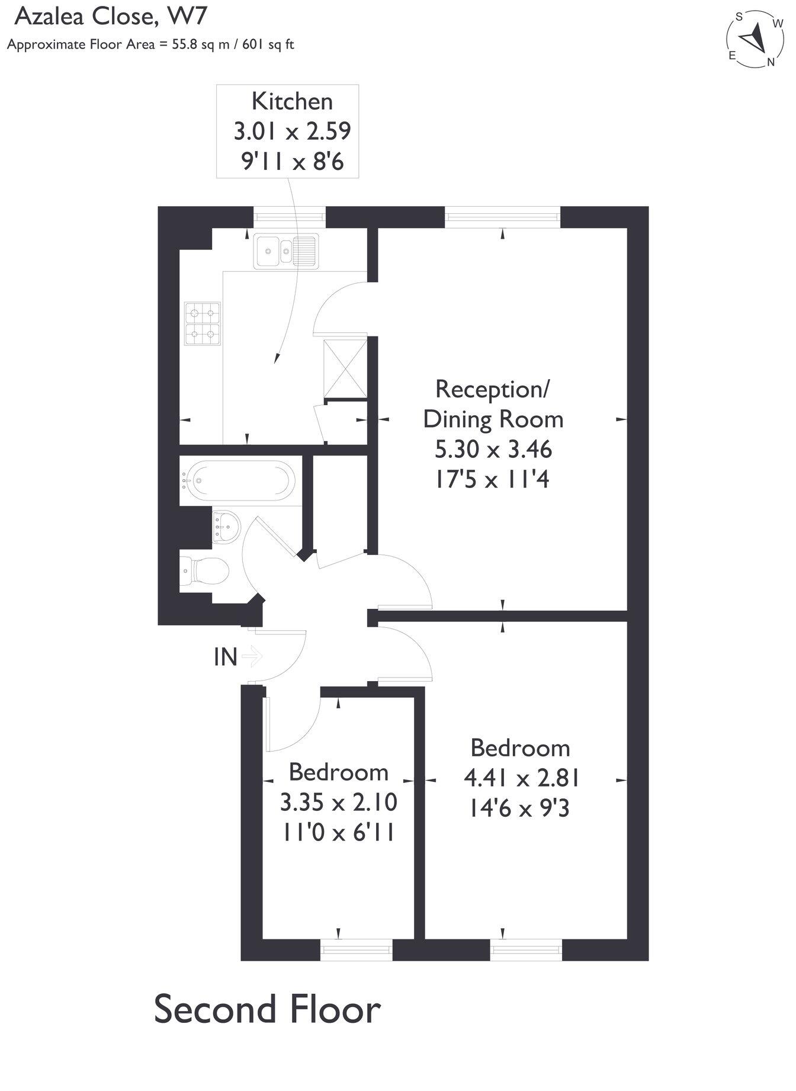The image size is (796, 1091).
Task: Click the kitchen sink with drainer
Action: [286, 251]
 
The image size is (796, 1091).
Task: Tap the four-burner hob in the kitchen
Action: [203, 323]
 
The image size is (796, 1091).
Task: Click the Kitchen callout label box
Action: [288, 131]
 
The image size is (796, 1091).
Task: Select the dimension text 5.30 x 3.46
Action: [493, 450]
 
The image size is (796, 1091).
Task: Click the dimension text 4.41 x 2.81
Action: [522, 778]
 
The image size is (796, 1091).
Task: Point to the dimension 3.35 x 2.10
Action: [338, 803]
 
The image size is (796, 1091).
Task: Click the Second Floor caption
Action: [267, 1011]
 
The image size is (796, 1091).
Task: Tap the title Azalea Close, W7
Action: [110, 17]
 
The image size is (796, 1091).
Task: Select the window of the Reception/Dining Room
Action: [502, 217]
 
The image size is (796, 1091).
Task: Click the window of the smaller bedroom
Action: [356, 950]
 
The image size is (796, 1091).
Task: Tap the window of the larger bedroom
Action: [525, 950]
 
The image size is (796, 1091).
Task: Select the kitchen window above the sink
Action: [290, 217]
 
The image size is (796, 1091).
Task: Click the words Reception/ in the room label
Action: [492, 389]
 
